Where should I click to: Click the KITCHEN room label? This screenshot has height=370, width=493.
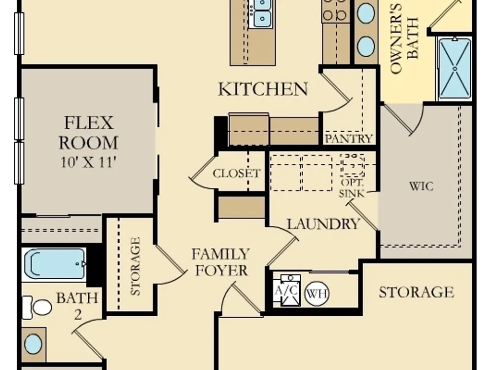tap(263, 89)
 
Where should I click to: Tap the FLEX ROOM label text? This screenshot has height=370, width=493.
tap(88, 133)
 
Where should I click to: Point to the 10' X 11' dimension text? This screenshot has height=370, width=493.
tap(88, 162)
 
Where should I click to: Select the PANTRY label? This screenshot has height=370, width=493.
tap(349, 139)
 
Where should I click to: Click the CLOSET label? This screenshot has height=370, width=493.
tap(237, 173)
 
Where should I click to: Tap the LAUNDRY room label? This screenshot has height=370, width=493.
tap(323, 223)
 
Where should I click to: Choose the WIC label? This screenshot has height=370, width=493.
tap(421, 186)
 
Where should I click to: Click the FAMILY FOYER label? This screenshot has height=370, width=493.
tap(221, 262)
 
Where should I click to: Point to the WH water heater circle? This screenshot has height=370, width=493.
tap(317, 294)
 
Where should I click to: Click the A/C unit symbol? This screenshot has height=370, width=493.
tap(286, 291)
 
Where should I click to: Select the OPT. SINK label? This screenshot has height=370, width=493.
tap(352, 188)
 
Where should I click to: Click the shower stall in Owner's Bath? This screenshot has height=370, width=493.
tap(455, 69)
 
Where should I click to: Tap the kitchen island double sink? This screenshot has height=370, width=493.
tap(260, 14)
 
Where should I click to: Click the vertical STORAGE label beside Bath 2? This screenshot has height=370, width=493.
tap(135, 266)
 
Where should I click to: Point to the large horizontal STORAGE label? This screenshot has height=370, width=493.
tap(416, 292)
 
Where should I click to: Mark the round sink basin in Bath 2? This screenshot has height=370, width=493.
tap(33, 344)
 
